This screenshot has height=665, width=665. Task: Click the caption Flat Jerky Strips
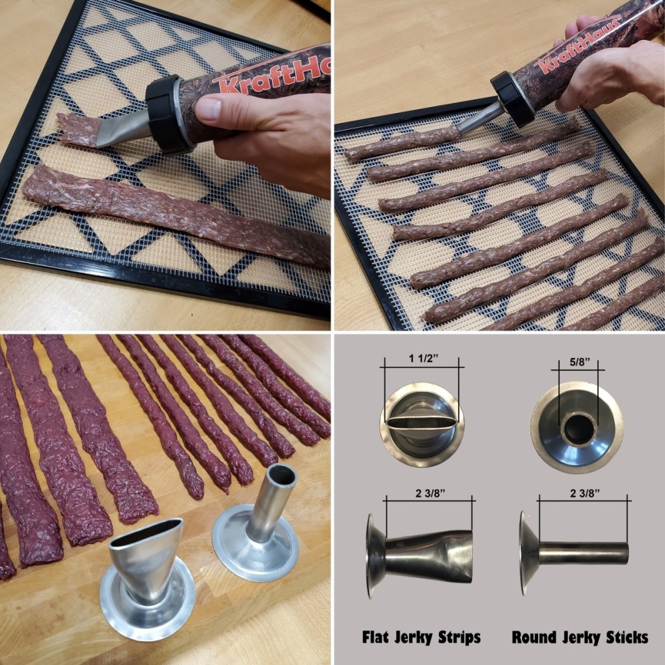[422, 637]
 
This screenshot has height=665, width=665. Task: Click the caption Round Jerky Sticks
[580, 637]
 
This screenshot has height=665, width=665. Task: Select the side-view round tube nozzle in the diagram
[579, 553]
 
